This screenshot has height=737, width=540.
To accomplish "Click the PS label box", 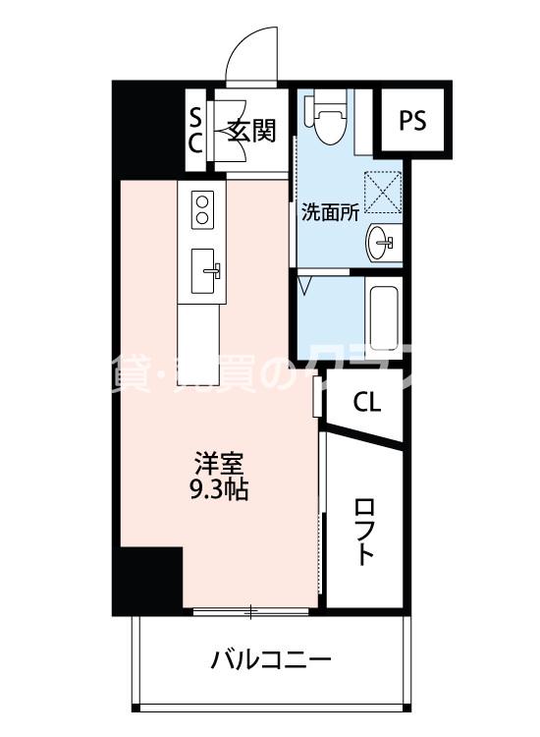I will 413,120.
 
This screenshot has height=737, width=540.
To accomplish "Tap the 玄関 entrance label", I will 251,129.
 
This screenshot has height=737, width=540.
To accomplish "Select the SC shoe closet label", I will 195,129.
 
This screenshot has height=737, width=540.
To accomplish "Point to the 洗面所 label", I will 330,209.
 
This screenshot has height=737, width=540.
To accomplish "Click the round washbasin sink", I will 382,239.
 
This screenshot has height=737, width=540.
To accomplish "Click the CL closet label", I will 367,402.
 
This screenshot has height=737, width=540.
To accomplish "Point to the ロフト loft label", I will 364,532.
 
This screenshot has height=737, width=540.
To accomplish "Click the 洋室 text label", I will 218,462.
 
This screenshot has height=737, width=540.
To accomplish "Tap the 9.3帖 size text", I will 218,488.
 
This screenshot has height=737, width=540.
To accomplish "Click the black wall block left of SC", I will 147,128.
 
